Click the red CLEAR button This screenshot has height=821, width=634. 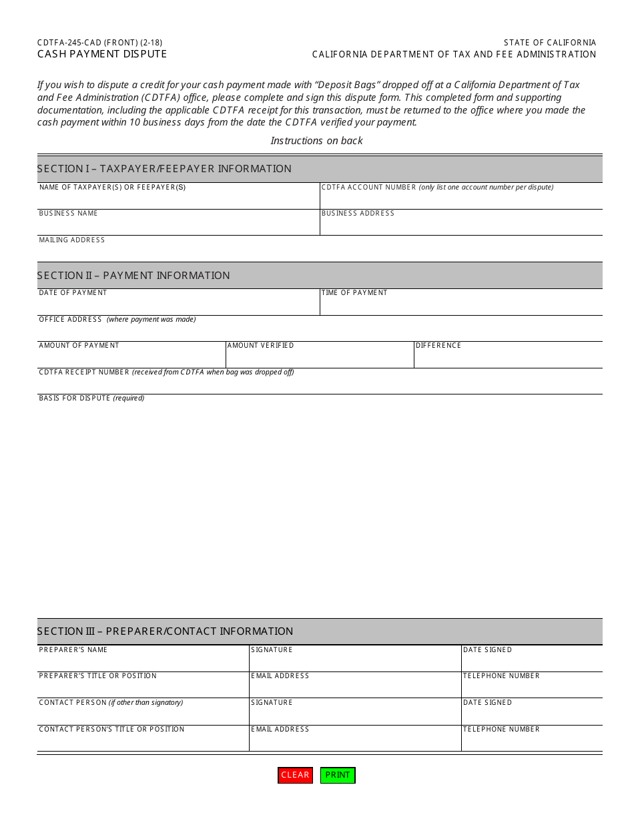coord(295,775)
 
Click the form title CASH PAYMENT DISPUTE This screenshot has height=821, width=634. coord(102,54)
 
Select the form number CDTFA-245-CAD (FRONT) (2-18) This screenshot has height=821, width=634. coord(100,43)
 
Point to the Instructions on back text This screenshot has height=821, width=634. coord(316,140)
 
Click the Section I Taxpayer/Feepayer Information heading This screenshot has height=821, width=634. coord(164,169)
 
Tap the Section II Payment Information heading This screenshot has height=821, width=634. coord(133,275)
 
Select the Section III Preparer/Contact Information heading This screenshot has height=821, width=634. coord(165,631)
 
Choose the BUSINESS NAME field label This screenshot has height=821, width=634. coord(68,214)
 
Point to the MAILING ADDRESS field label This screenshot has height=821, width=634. coord(71,240)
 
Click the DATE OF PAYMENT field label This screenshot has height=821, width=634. coord(73,293)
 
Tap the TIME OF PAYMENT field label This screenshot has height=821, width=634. coord(354,293)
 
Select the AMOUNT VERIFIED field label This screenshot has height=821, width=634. coord(260,346)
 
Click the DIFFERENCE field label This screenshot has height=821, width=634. coord(438,346)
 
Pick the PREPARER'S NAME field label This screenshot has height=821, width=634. coord(73,650)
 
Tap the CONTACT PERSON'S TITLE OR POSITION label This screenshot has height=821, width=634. coord(111,730)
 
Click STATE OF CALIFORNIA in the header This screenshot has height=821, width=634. coord(550,43)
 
